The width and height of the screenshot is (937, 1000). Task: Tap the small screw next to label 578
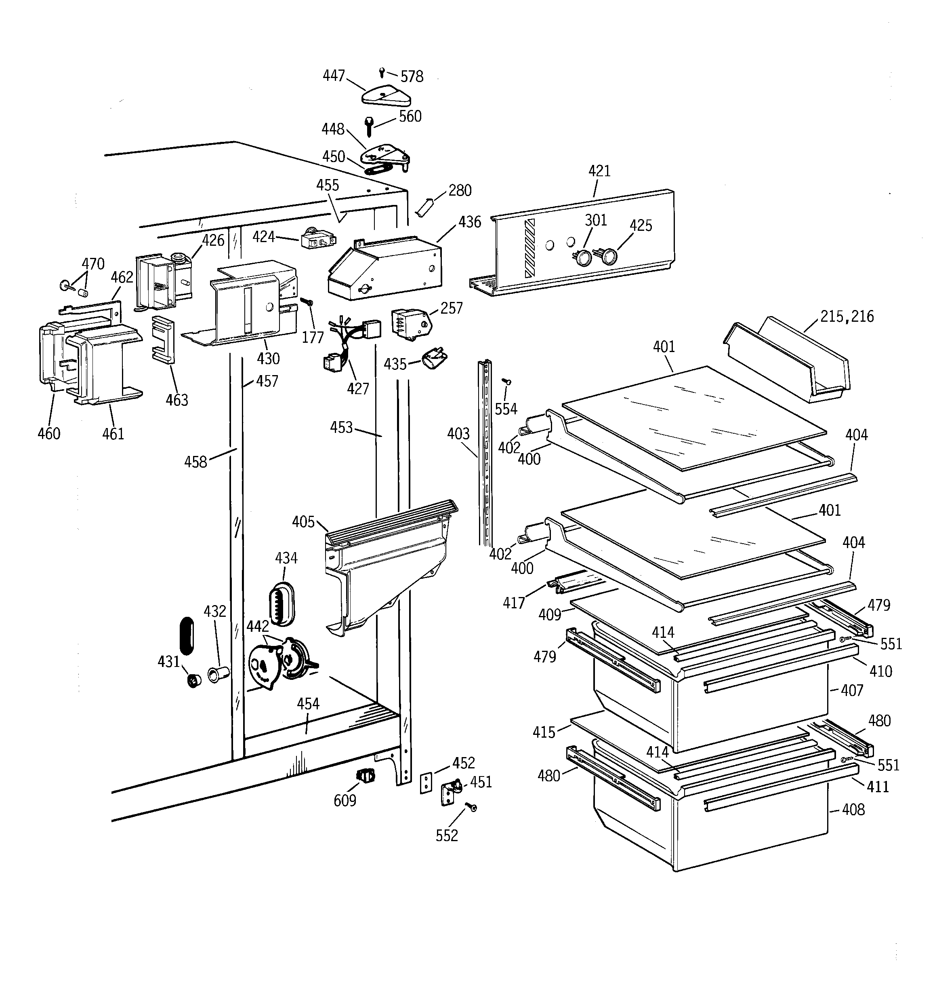[x=382, y=72]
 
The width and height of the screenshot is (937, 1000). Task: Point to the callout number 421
[x=599, y=171]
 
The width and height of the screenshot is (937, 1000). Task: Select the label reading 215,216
[x=847, y=316]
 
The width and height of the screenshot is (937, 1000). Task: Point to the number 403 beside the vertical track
[x=458, y=434]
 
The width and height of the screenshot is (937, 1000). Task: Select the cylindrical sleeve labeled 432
[x=218, y=674]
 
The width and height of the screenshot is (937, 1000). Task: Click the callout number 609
[x=345, y=800]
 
